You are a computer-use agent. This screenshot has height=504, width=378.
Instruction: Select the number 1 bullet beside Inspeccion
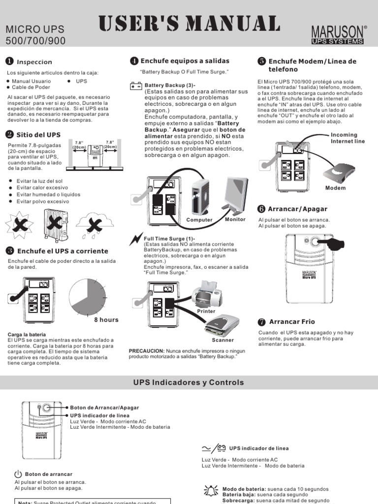tap(9, 62)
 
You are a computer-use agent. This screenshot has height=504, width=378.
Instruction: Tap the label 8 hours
tap(106, 320)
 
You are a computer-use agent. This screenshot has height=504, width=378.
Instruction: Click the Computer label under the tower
tap(199, 220)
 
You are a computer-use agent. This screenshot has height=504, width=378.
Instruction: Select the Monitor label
tap(235, 220)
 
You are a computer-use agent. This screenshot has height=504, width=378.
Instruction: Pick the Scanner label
tap(223, 340)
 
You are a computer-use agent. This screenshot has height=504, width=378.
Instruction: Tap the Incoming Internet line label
tap(347, 138)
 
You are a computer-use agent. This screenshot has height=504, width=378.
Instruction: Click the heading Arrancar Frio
tap(291, 322)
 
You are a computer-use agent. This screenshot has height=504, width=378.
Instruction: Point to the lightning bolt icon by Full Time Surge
tap(135, 239)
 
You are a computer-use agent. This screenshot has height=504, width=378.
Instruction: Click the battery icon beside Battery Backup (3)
tap(135, 86)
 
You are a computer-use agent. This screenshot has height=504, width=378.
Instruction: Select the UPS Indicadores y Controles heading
tap(189, 382)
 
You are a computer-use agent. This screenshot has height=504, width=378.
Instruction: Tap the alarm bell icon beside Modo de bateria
tap(212, 490)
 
